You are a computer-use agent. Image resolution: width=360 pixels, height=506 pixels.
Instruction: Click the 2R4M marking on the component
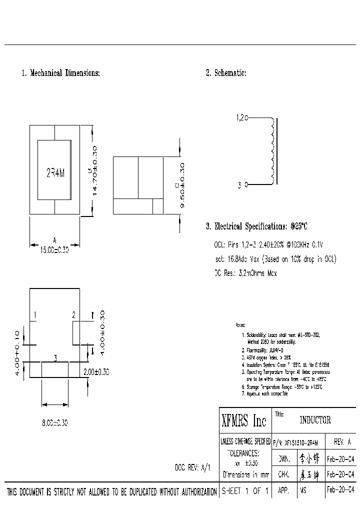(x=55, y=172)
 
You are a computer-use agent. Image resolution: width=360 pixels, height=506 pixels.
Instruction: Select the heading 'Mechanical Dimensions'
(x=60, y=73)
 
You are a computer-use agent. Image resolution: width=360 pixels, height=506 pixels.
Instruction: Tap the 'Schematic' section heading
(x=226, y=73)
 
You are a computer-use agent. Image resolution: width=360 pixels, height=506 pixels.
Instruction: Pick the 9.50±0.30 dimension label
(x=181, y=185)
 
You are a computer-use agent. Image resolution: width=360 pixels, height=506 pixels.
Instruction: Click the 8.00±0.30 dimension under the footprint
(x=54, y=423)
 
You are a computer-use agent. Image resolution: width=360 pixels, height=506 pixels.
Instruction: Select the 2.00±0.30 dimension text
(x=96, y=372)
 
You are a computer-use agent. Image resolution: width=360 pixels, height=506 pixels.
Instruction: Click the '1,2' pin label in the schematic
(x=241, y=118)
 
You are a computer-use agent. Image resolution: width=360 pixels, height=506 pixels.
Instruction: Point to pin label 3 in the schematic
(x=239, y=185)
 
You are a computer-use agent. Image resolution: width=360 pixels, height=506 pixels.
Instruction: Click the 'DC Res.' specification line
(x=245, y=273)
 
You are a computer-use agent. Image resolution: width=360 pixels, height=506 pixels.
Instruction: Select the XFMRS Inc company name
(x=244, y=421)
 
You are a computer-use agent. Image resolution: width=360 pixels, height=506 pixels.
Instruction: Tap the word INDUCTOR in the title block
(x=315, y=420)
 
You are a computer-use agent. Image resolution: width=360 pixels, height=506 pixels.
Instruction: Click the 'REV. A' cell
(x=341, y=442)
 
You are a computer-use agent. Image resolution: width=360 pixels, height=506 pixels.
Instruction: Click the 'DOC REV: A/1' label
(x=192, y=468)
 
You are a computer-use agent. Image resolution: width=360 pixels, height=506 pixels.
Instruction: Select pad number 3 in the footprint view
(x=55, y=358)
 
